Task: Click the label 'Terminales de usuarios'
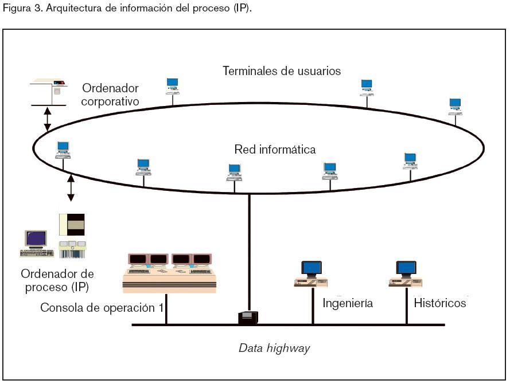point(282,71)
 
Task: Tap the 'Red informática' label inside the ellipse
point(275,150)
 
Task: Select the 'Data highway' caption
point(274,348)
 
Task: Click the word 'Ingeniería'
point(348,303)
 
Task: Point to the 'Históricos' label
point(440,303)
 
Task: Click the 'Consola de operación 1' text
point(102,308)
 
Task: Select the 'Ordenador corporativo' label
point(110,95)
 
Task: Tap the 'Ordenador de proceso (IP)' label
point(57,281)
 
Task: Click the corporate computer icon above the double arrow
point(48,90)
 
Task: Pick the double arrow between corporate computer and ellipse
point(48,119)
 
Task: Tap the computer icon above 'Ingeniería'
point(311,273)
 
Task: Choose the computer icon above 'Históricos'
point(406,273)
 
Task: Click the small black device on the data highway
point(248,317)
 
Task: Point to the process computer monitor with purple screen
point(36,240)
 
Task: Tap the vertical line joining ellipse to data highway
point(249,252)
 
